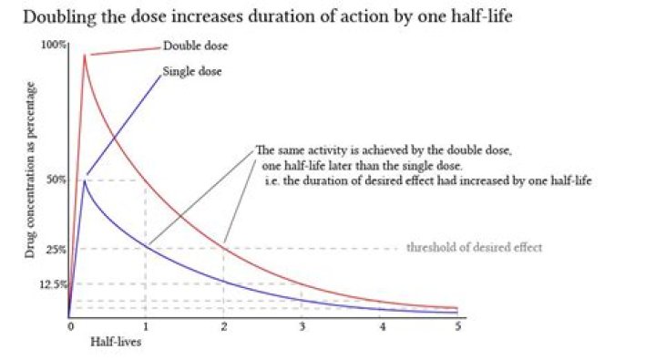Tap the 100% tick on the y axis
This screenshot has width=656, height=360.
(54, 46)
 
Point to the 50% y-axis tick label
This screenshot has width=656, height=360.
(56, 180)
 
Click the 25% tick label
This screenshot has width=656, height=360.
(56, 249)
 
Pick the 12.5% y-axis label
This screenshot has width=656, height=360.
(54, 284)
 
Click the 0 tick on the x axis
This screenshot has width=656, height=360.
(69, 326)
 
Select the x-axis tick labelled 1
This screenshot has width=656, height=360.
(146, 326)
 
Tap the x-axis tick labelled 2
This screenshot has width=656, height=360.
(224, 326)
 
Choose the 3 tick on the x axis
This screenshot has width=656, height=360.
(302, 326)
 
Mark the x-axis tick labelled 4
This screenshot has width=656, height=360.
(381, 326)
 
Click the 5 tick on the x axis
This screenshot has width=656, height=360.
(458, 326)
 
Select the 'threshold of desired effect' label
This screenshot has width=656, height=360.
(474, 248)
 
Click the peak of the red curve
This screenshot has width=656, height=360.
(85, 56)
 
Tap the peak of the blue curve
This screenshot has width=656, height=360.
(84, 180)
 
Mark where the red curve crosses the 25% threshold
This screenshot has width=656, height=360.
(224, 248)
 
